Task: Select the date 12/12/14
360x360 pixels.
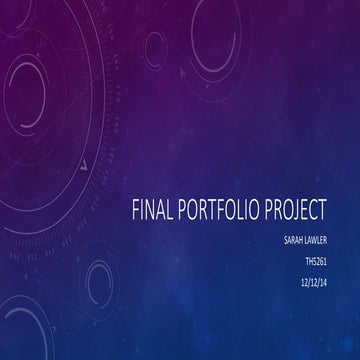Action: (314, 283)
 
